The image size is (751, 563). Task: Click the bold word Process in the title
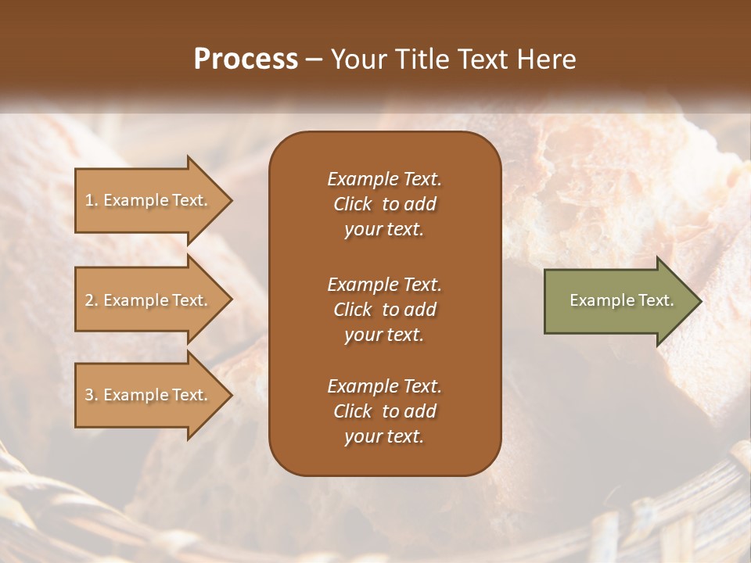pos(246,59)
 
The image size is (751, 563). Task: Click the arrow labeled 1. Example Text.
pos(149,200)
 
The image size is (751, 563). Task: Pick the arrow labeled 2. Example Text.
pos(149,300)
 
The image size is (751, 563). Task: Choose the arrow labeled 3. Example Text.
pos(149,395)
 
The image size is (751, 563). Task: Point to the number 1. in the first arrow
pos(92,200)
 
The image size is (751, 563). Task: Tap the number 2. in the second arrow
pos(92,300)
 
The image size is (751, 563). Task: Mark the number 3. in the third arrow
pos(92,395)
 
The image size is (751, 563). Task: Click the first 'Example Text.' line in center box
pos(384,179)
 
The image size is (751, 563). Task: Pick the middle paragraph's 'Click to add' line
pos(384,310)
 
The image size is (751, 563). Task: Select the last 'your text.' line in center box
pos(384,437)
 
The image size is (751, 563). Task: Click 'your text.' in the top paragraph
pos(384,230)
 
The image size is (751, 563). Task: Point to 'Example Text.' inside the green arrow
pos(621,300)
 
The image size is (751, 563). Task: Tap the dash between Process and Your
pos(314,60)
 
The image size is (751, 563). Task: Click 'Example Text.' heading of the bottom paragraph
pos(384,386)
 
